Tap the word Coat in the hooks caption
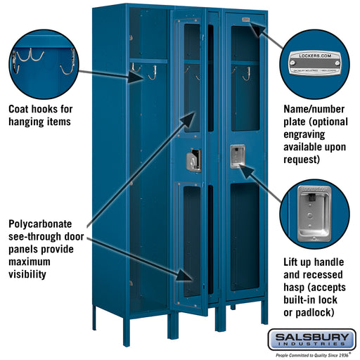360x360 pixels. point(21,109)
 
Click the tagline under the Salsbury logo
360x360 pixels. point(312,354)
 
